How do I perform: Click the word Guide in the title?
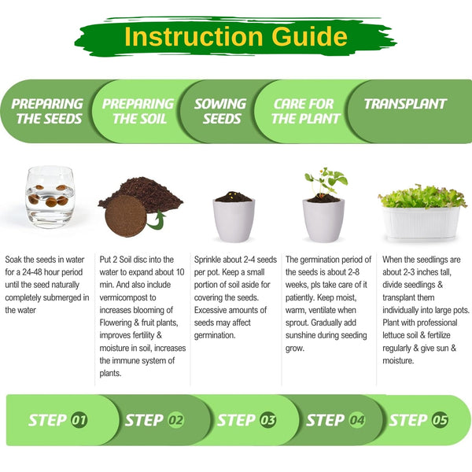[x=309, y=36]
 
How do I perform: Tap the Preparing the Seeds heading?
[x=47, y=111]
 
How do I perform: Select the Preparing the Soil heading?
[x=138, y=111]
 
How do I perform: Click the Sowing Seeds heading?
[x=220, y=111]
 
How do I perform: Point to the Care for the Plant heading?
[x=305, y=111]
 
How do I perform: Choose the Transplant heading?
[x=405, y=104]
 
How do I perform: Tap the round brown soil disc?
[x=126, y=216]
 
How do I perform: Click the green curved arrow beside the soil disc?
[x=157, y=220]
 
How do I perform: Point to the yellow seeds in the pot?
[x=231, y=195]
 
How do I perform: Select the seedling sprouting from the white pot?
[x=325, y=183]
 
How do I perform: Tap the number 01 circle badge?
[x=79, y=420]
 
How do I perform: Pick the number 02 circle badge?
[x=175, y=420]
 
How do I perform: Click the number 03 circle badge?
[x=267, y=420]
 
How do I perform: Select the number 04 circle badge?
[x=357, y=420]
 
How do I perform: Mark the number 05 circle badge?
[x=440, y=420]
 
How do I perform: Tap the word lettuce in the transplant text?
[x=393, y=335]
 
